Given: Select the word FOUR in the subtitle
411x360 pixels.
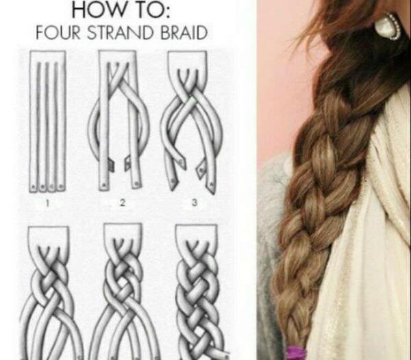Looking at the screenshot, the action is (58, 33).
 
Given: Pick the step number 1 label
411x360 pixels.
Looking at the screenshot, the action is (47, 203).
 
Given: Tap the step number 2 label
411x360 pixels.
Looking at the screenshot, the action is (123, 203).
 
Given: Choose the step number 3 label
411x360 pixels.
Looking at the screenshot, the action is (195, 203).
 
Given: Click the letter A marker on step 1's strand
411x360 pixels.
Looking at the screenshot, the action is (34, 188).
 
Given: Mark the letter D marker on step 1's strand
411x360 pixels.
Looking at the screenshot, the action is (62, 187).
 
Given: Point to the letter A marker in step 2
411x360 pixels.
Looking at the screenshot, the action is (103, 184).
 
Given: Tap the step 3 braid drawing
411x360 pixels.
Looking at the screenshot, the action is (192, 122).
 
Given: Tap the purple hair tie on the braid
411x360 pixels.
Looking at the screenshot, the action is (299, 352).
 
